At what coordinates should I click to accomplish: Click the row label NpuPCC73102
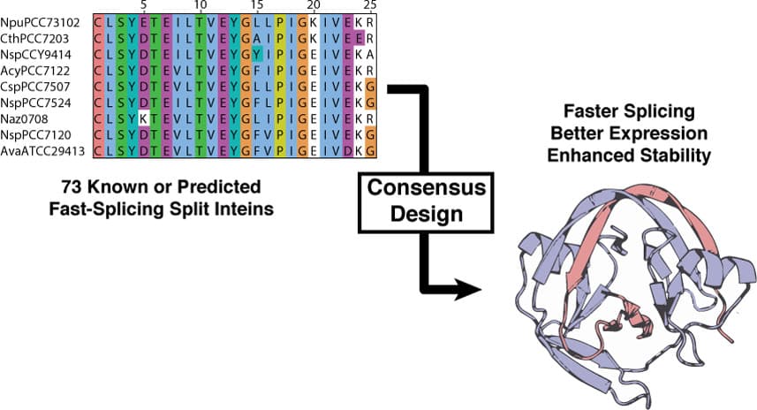(40, 20)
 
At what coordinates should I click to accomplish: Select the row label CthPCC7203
(38, 36)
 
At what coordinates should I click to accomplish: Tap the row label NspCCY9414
(39, 53)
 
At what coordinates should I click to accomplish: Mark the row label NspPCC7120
(39, 134)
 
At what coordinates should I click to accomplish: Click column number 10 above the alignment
(201, 6)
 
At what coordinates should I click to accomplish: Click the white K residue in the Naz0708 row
(143, 118)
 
